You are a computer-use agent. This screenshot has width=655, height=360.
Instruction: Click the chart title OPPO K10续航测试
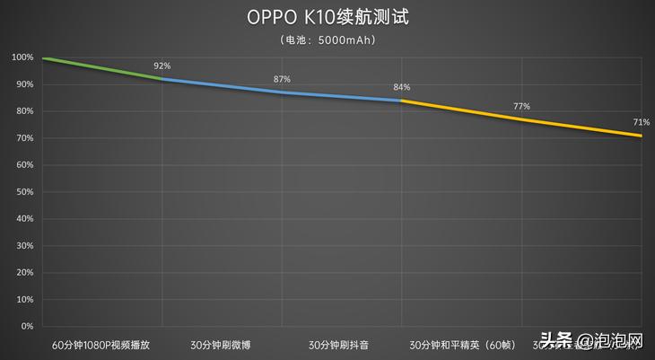tap(327, 18)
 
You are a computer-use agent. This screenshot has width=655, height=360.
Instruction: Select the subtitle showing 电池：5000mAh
tap(327, 40)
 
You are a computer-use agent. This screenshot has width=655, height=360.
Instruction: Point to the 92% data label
tap(162, 66)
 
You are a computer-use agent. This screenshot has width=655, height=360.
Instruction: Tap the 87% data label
tap(282, 79)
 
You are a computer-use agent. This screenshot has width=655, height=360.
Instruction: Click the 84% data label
tap(401, 87)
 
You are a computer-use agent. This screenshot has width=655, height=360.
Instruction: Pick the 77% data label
tap(521, 106)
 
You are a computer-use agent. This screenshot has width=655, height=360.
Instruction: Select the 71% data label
tap(641, 122)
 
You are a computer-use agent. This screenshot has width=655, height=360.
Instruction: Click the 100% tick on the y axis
tap(22, 57)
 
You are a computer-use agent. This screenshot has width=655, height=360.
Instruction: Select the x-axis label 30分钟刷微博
tap(222, 344)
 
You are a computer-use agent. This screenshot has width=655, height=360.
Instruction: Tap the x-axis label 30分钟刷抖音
tap(341, 344)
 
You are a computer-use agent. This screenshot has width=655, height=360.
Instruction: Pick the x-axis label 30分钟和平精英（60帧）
tap(461, 344)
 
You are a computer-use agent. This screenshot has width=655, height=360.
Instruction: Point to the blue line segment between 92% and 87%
tap(222, 85)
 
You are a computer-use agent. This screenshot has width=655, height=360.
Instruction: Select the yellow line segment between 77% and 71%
tap(581, 127)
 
